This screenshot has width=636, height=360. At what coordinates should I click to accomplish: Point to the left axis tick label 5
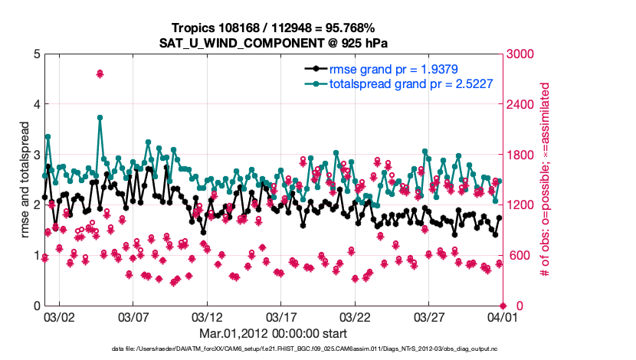[37, 54]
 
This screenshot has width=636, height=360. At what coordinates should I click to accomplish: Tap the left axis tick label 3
[37, 155]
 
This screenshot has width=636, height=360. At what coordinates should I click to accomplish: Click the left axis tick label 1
[37, 255]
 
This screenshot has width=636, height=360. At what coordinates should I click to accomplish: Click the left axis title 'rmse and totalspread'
[24, 180]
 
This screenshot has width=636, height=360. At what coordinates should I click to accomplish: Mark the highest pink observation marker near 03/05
[100, 74]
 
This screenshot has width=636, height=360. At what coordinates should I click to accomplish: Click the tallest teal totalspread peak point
[100, 118]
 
